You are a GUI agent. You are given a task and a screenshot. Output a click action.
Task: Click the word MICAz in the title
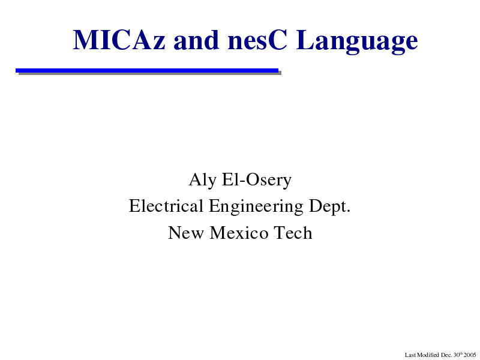[119, 40]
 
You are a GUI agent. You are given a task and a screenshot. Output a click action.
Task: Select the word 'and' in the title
[197, 40]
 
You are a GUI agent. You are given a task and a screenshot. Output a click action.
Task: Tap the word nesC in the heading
[257, 40]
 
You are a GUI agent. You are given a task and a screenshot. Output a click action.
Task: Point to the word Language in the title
[357, 41]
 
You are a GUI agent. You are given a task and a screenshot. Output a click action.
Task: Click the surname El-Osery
[257, 181]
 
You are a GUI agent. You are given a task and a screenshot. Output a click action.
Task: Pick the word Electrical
[166, 206]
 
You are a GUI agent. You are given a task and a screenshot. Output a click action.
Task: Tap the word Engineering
[256, 207]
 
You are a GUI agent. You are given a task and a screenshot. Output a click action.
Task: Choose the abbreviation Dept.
[329, 207]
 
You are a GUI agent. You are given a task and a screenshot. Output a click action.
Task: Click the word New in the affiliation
[186, 233]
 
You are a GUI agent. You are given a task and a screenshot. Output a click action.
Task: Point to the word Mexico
[239, 233]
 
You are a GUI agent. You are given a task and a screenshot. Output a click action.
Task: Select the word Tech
[293, 233]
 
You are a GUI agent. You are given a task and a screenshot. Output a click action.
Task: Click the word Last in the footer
[410, 355]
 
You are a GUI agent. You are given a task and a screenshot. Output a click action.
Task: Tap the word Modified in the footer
[428, 355]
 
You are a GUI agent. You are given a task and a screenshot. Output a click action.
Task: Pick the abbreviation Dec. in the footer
[446, 355]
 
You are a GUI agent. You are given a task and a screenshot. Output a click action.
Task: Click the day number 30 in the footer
[457, 355]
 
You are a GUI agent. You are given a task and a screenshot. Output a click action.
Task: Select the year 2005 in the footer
[470, 355]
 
